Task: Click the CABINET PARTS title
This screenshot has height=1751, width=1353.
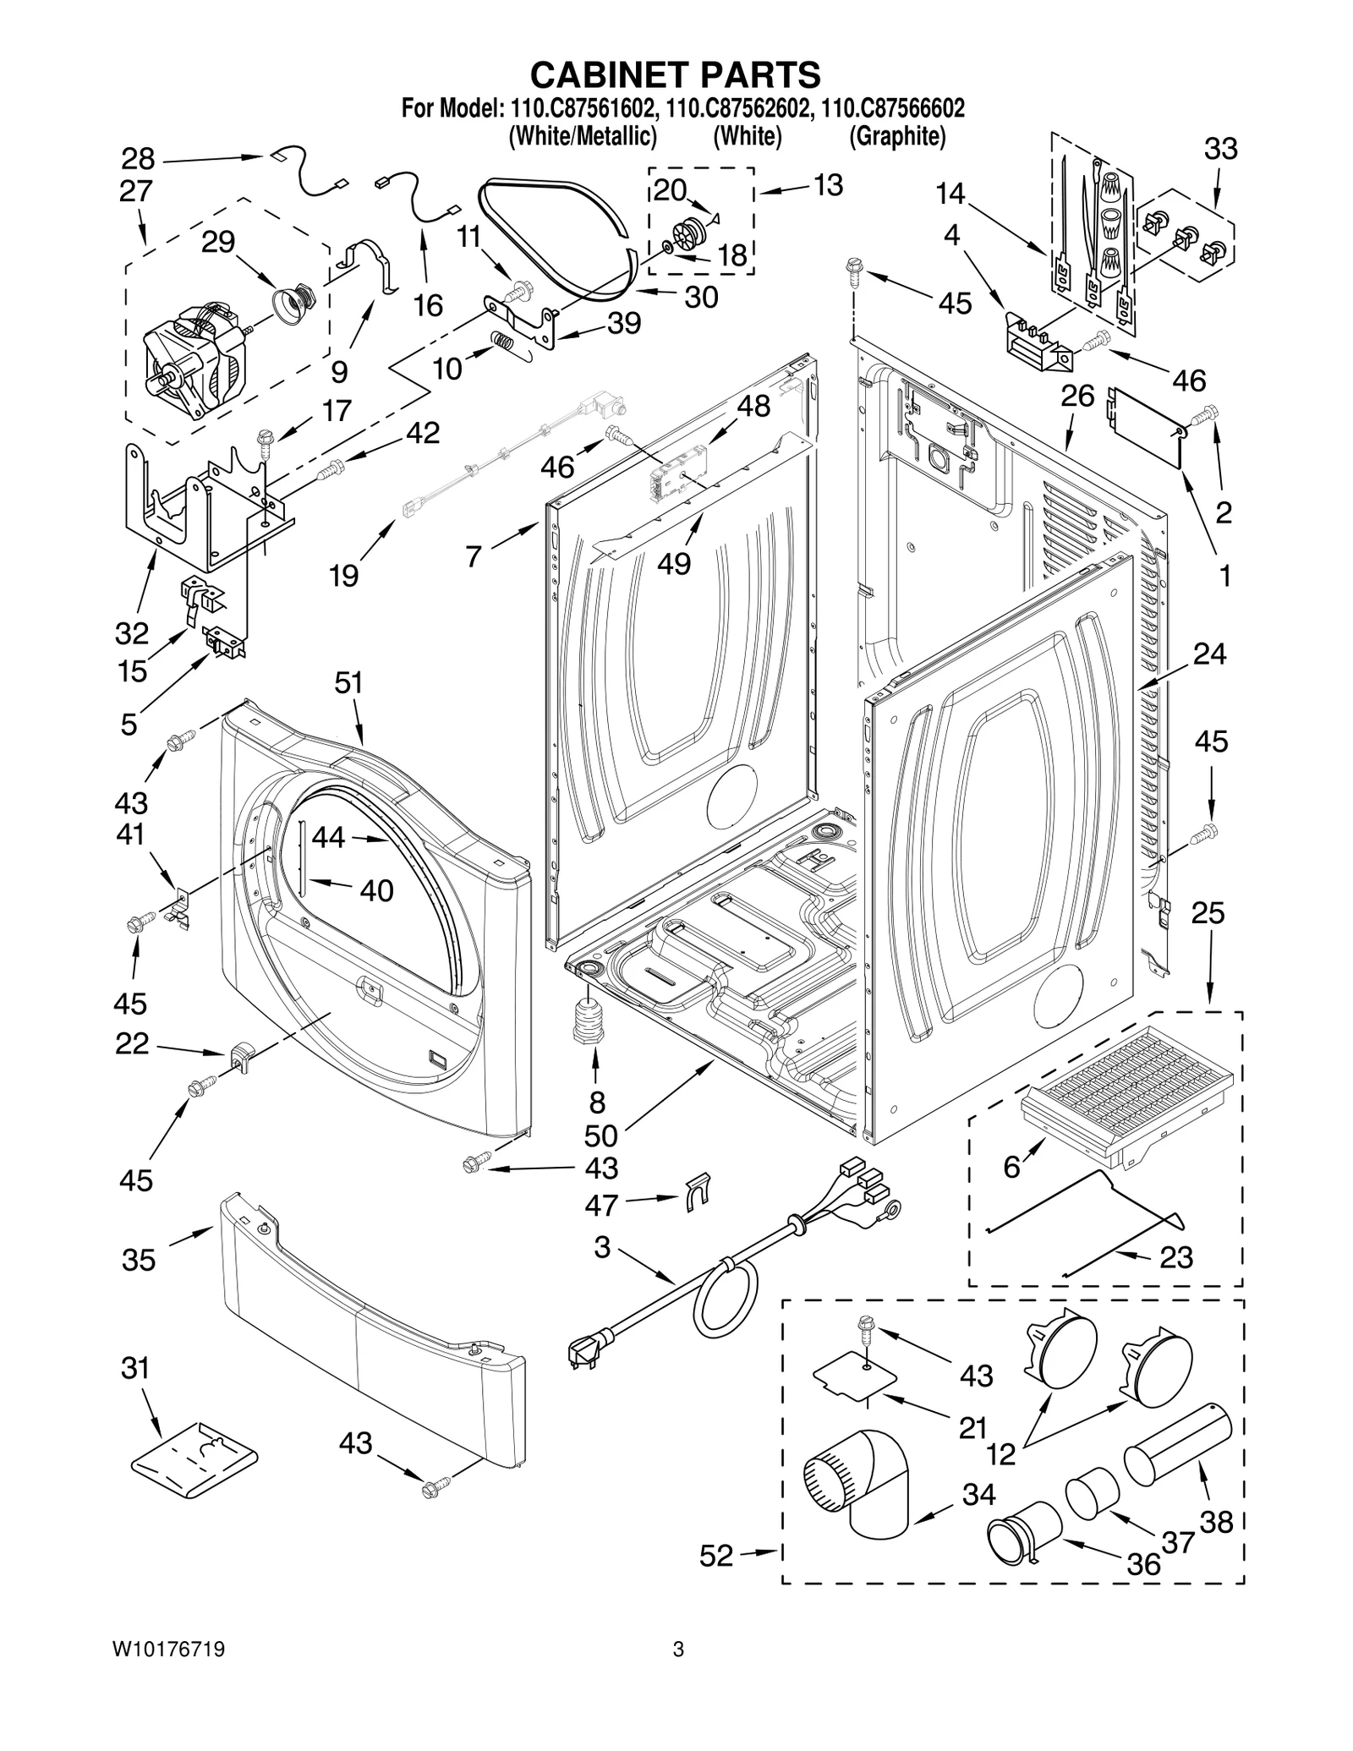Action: tap(675, 74)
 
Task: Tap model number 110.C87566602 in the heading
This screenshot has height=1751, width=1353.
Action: tap(893, 109)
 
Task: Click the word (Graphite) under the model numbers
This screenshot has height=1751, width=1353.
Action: tap(897, 136)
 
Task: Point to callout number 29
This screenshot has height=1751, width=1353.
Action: tap(217, 243)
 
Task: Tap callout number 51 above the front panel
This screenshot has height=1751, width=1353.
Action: tap(348, 682)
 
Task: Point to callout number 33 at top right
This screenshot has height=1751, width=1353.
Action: tap(1220, 149)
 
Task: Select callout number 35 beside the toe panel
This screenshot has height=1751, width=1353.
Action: tap(139, 1260)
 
